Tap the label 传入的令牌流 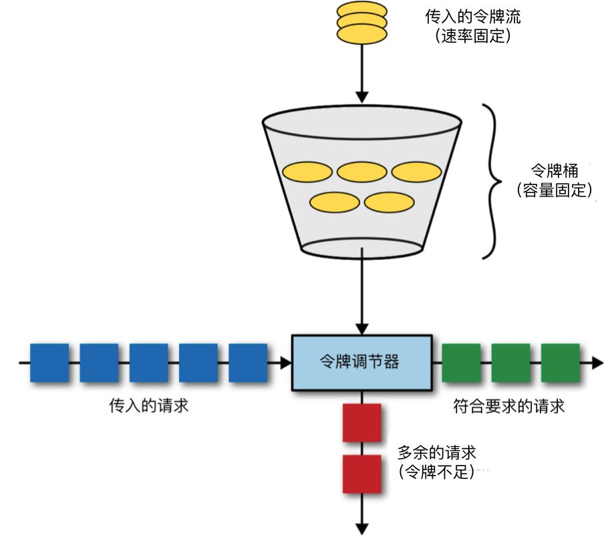[473, 16]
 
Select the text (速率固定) [473, 36]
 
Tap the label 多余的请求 [437, 452]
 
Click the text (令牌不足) [437, 472]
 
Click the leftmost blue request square [49, 363]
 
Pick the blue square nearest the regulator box [248, 363]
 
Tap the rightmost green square [561, 363]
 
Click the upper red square [361, 423]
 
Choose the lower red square [361, 474]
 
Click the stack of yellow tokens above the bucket [361, 23]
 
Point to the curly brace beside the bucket [494, 181]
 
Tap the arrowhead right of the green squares [595, 363]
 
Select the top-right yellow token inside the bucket [416, 172]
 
